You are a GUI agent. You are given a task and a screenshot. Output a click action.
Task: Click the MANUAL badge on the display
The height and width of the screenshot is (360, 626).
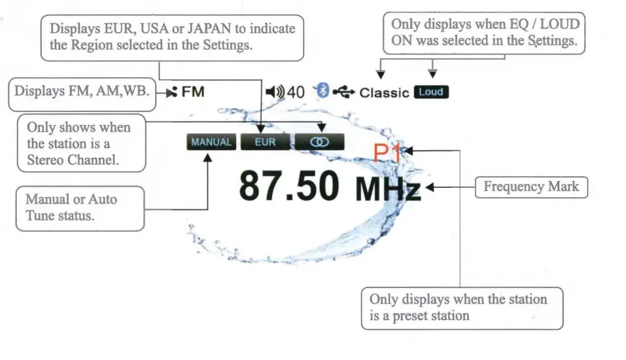211,142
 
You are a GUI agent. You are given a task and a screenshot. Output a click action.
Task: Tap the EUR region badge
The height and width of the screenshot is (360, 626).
265,142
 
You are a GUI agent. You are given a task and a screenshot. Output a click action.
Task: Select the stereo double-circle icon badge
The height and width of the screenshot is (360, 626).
320,142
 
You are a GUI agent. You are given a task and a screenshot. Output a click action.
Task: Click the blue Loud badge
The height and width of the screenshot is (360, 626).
431,92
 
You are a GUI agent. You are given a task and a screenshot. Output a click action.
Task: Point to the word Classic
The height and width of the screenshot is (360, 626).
384,93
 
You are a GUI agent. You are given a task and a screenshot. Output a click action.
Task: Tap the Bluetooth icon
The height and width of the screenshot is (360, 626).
321,92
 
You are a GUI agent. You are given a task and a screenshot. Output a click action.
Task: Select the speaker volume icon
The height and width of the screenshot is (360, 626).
274,92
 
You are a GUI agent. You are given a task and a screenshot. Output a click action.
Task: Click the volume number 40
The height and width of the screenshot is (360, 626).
296,92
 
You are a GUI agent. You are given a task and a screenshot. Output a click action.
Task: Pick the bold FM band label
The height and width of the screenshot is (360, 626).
193,92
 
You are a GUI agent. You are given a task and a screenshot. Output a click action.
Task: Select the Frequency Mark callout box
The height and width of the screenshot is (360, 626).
530,187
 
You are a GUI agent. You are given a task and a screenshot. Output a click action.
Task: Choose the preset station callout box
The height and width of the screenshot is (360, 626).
461,308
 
